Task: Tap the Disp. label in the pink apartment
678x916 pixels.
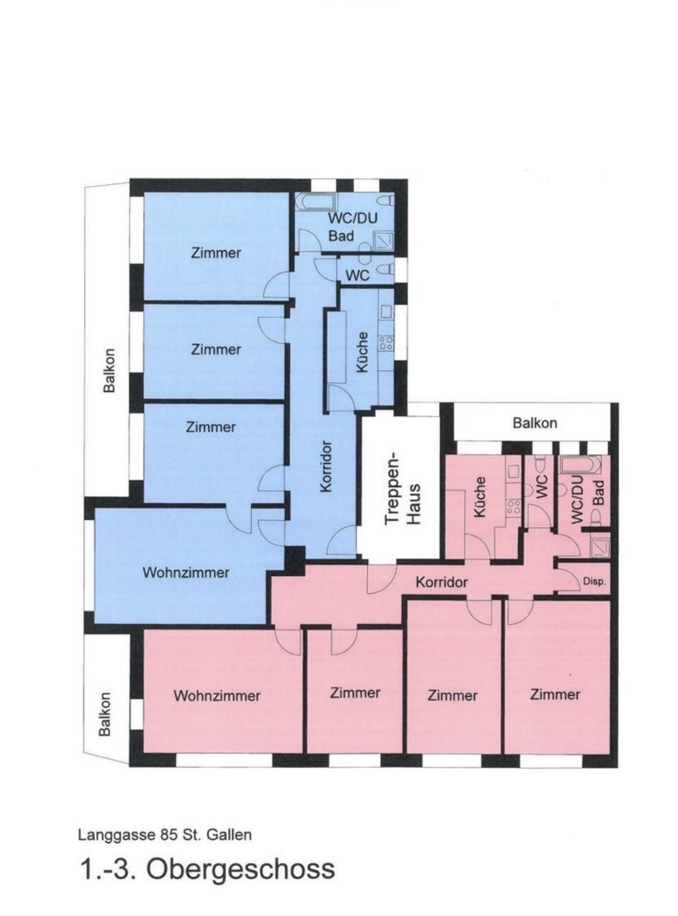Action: click(594, 582)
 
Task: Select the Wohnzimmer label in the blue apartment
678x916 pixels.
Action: click(186, 572)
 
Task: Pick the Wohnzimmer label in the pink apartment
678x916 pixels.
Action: click(216, 696)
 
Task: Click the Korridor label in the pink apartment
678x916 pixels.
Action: click(441, 583)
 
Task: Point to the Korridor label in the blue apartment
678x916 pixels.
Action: click(326, 467)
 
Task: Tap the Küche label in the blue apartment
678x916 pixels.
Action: click(362, 352)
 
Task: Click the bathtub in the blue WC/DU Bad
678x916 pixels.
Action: click(317, 201)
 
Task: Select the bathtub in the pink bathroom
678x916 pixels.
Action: click(581, 465)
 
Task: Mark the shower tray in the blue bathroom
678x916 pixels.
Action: click(383, 241)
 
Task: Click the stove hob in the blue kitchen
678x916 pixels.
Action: click(386, 344)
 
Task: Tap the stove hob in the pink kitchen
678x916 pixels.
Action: click(514, 507)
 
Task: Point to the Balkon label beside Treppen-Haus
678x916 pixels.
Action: click(534, 423)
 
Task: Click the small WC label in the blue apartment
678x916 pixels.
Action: click(357, 275)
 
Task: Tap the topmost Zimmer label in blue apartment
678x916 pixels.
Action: click(215, 253)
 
